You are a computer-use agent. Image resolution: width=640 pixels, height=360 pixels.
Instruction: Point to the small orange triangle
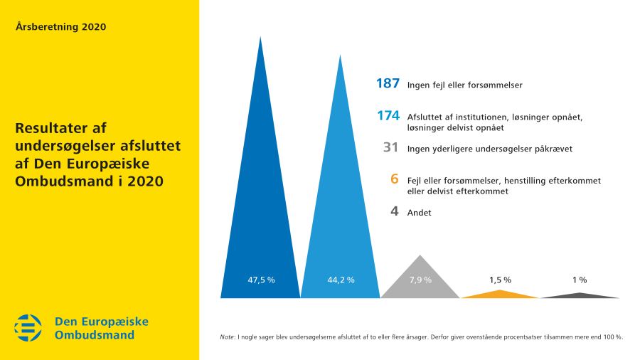pos(501,295)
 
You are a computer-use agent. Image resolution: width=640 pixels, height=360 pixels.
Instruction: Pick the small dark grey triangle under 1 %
pos(580,295)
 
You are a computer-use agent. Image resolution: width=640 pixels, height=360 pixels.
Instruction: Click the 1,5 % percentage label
pos(501,280)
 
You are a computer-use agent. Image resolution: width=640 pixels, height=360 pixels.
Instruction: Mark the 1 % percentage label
pos(580,280)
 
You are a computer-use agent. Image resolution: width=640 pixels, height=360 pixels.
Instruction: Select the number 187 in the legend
pos(388,84)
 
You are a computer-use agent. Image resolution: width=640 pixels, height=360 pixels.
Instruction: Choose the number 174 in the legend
pos(388,116)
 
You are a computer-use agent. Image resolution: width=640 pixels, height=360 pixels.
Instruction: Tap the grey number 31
pos(390,148)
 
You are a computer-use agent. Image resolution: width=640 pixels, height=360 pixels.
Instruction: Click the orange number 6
pos(395,179)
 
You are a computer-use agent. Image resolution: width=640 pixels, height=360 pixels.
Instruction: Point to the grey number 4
pos(395,211)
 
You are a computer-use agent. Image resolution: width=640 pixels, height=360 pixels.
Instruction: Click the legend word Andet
pos(420,212)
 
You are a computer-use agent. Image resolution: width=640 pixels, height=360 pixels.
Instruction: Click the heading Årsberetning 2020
pos(60,27)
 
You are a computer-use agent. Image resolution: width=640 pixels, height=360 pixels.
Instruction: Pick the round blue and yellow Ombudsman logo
pos(28,328)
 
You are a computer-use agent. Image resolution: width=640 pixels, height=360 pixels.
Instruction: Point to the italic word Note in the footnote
pos(228,337)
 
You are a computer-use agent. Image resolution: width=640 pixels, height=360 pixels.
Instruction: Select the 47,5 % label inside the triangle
pos(261,280)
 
